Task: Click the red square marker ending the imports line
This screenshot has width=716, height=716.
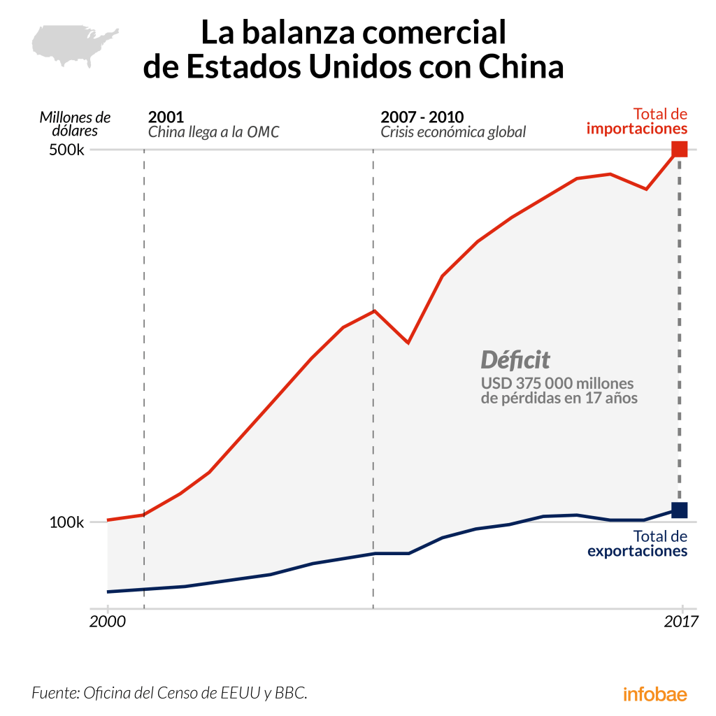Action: (680, 150)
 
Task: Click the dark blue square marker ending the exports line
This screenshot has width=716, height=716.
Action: (680, 510)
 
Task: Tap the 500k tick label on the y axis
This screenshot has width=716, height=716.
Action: (67, 150)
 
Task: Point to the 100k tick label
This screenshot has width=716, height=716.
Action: (67, 522)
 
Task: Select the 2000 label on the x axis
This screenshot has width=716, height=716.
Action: (107, 620)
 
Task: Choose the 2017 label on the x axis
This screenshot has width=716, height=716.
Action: (681, 620)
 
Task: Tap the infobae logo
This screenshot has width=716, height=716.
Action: (654, 694)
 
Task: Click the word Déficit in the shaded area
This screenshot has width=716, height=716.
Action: (515, 360)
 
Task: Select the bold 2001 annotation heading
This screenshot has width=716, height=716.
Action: (166, 116)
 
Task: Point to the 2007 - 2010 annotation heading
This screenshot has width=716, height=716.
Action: (422, 116)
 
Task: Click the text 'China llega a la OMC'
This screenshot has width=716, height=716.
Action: (213, 131)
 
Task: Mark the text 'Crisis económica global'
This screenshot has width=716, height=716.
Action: (453, 131)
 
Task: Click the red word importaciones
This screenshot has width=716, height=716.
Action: (636, 129)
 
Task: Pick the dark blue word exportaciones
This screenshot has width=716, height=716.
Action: (637, 551)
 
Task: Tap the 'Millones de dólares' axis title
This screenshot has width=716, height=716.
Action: (75, 123)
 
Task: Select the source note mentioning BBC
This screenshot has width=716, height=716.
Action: (170, 694)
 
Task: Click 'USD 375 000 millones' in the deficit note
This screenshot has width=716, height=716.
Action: (557, 383)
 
